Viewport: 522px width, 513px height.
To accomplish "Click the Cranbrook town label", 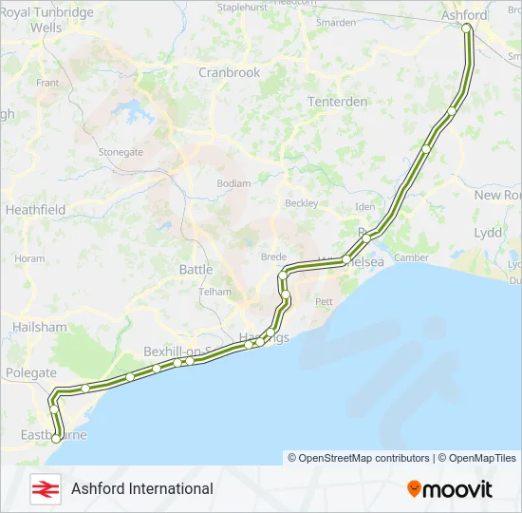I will [229, 72].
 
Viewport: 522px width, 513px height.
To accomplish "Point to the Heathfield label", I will [35, 209].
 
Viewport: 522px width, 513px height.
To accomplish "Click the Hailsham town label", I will [40, 327].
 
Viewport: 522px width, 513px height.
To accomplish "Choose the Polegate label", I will [30, 374].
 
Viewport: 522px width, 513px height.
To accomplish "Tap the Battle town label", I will [196, 270].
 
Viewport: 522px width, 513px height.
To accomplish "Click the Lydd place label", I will [488, 233].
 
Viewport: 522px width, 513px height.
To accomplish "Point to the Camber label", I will [411, 257].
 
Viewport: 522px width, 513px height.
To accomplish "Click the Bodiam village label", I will [233, 183].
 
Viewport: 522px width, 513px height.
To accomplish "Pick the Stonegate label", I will [121, 151].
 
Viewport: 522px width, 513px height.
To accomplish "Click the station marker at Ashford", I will [467, 28].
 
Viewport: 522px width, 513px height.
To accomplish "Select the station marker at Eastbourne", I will [59, 439].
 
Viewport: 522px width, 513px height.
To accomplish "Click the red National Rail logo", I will [44, 488].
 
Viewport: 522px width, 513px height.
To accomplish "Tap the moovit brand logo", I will [450, 489].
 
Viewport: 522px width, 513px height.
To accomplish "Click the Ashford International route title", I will [142, 488].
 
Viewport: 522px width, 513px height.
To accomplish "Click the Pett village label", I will [325, 301].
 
